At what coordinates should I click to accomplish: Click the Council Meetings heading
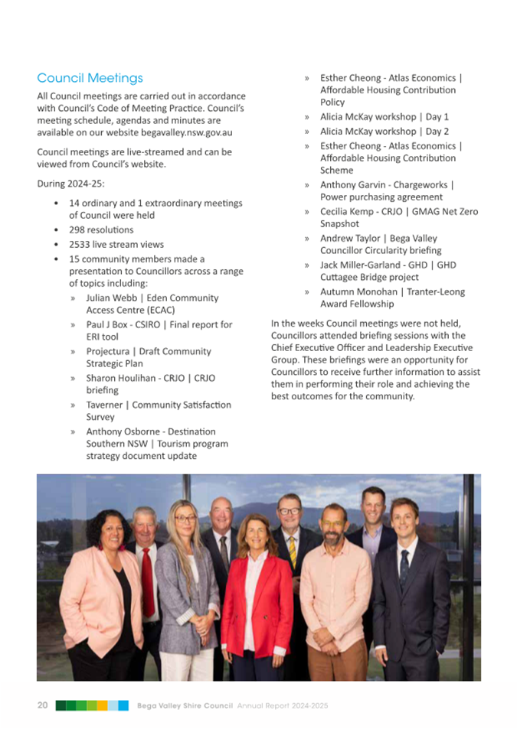[90, 78]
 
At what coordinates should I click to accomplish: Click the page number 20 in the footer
[43, 705]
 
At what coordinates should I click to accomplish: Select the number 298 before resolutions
[78, 229]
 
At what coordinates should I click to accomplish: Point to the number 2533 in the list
[81, 245]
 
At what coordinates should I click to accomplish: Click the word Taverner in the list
[107, 405]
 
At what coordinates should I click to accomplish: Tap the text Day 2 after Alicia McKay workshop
[437, 132]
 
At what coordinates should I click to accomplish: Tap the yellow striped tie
[292, 551]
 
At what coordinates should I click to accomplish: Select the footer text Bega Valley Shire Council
[185, 706]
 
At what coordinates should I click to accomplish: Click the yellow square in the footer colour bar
[102, 705]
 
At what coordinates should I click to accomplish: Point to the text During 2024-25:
[71, 184]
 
